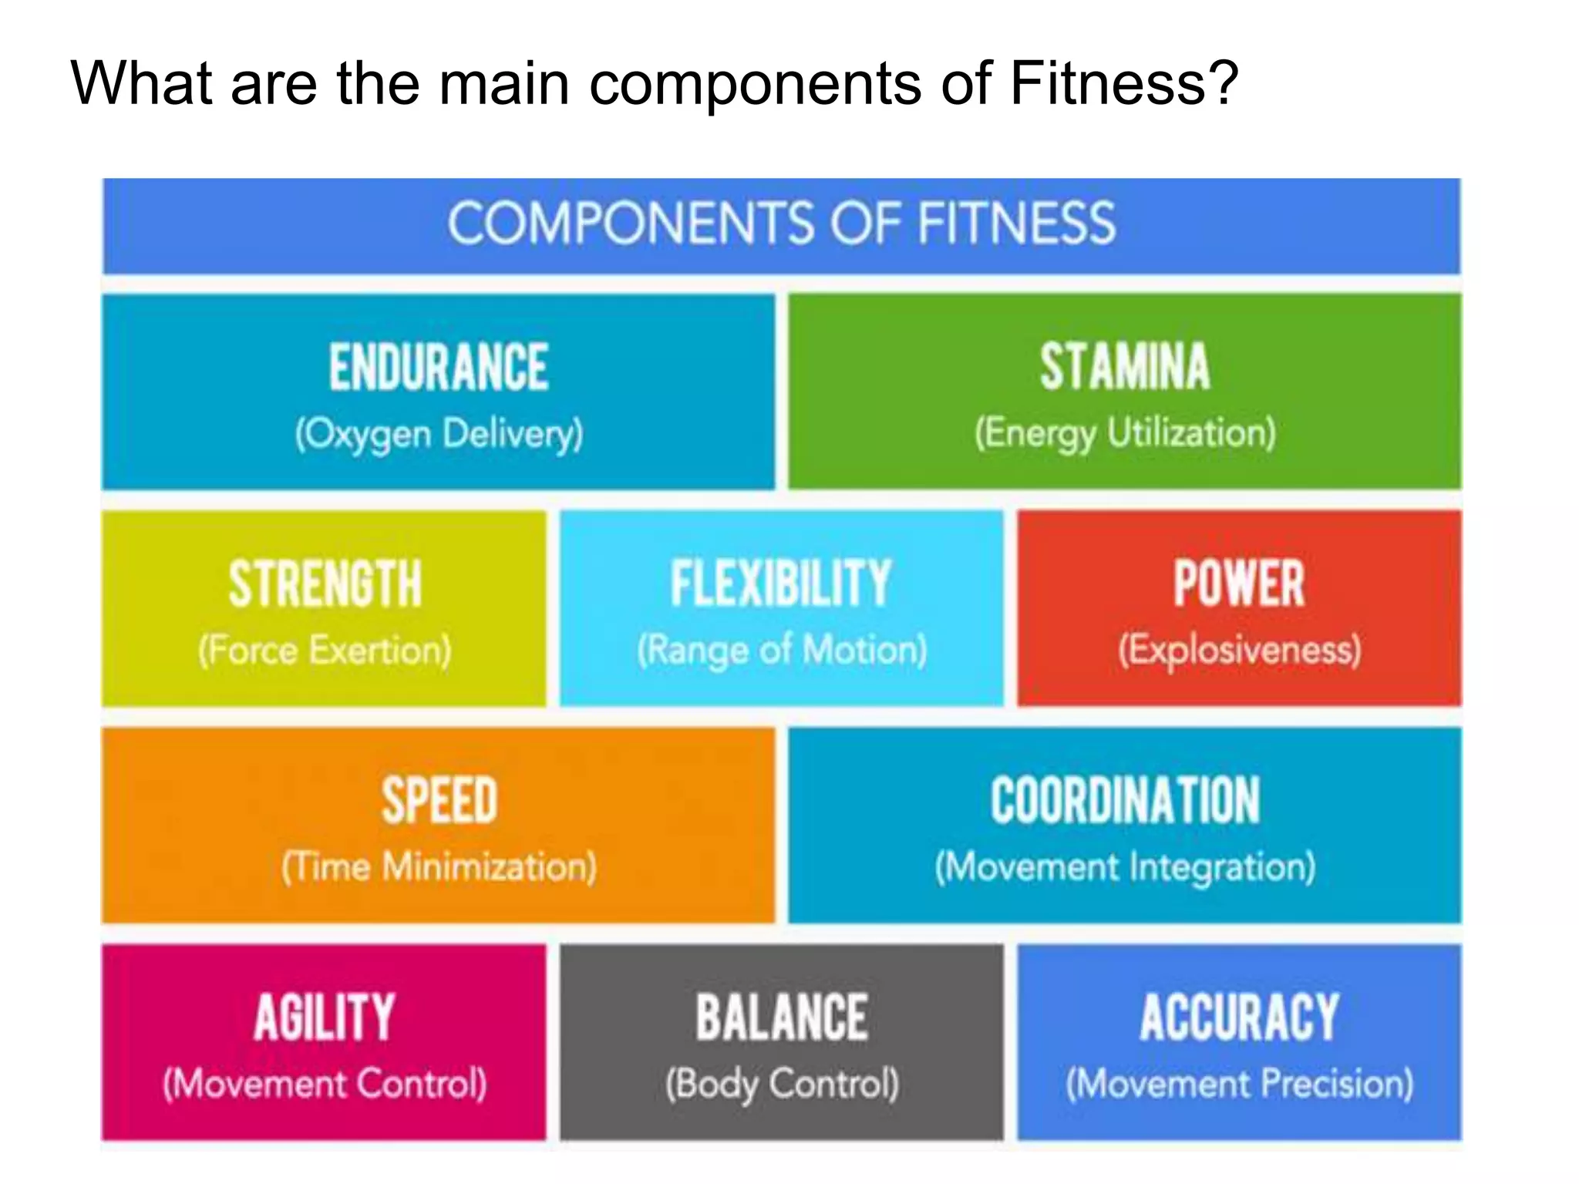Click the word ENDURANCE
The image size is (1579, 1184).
tap(439, 367)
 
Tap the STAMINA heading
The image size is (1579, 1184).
tap(1125, 367)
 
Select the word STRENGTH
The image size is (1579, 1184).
tap(325, 584)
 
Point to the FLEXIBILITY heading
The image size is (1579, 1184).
tap(781, 584)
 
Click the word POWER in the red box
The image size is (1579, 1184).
tap(1239, 584)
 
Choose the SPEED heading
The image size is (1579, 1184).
tap(439, 801)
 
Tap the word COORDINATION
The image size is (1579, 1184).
tap(1125, 801)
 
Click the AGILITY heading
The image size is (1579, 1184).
tap(325, 1017)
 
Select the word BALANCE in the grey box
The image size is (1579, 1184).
tap(782, 1017)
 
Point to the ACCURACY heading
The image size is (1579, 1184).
tap(1239, 1017)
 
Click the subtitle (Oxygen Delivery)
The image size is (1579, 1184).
tap(439, 434)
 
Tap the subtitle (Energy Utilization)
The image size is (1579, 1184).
tap(1125, 433)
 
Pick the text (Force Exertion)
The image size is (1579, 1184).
tap(325, 651)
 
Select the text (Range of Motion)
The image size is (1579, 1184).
tap(782, 651)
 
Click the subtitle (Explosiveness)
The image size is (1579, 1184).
tap(1239, 650)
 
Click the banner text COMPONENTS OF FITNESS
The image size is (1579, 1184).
tap(781, 224)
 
